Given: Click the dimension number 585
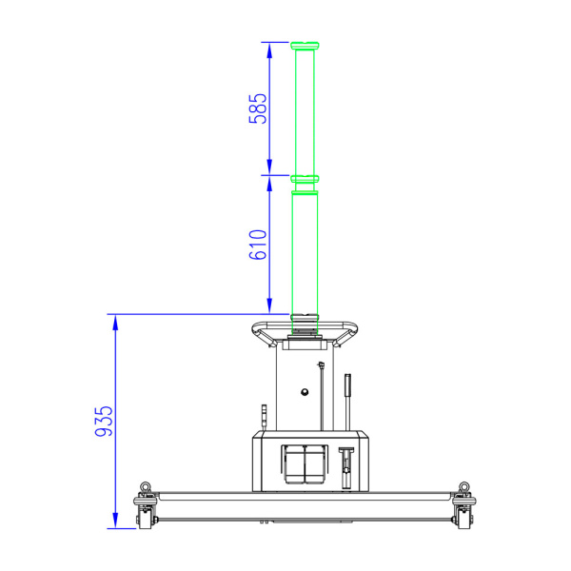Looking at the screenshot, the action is point(258,108).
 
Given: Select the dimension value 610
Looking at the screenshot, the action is point(258,245).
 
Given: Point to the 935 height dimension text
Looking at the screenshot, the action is point(104,421).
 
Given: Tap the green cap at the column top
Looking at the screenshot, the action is point(305,46).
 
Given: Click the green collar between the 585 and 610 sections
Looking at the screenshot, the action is point(305,179).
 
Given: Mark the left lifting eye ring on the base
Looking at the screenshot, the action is point(146,486).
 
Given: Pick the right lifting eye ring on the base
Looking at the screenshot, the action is point(464,486).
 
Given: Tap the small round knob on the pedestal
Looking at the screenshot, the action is point(305,392).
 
